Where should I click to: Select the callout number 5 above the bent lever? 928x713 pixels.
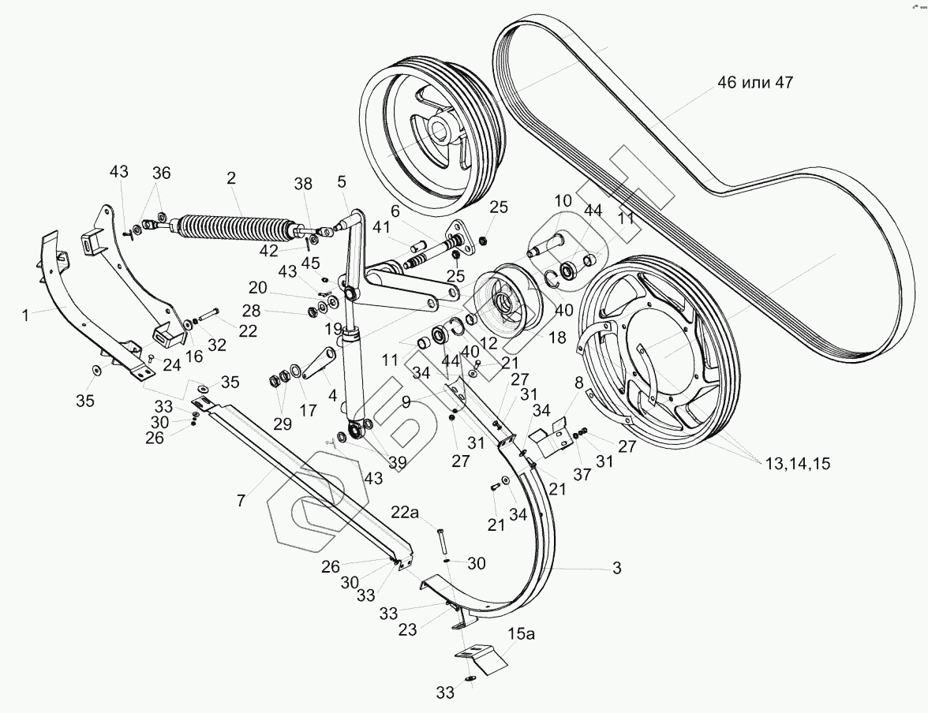(x=341, y=181)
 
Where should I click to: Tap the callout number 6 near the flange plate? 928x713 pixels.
(x=395, y=212)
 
